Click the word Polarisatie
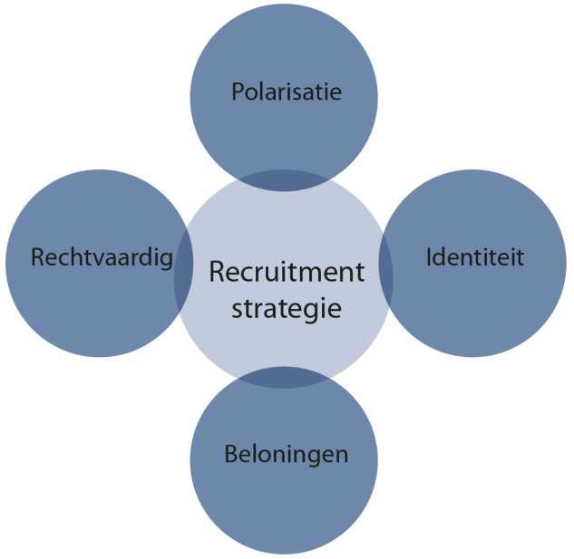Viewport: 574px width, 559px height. pos(287,92)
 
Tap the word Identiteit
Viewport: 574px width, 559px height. pos(475,257)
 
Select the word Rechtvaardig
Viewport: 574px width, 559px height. pos(101,258)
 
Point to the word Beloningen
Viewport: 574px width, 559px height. pos(286,454)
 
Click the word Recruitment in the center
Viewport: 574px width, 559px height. pos(287,273)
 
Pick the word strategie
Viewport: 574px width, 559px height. pos(287,308)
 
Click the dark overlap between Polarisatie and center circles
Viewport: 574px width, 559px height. pos(283,179)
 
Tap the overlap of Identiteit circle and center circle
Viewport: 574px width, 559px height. pos(385,272)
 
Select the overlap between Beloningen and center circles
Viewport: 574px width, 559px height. pos(284,377)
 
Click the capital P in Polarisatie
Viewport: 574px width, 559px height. pos(238,92)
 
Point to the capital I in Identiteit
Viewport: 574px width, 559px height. pos(428,257)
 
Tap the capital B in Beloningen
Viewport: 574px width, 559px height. pos(231,454)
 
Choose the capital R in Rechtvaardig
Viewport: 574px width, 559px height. pos(37,258)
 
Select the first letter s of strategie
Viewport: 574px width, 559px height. pos(237,309)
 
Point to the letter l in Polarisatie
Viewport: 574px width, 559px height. pos(264,92)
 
